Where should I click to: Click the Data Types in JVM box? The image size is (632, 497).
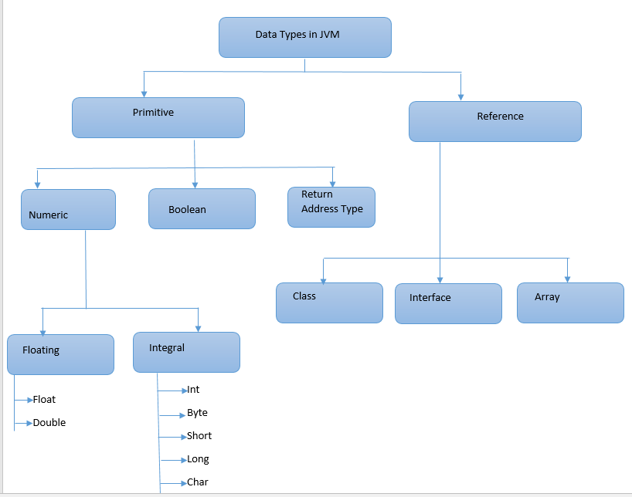[305, 37]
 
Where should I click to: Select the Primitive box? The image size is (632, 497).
[158, 117]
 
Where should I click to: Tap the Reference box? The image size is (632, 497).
[494, 121]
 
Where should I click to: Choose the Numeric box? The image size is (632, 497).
[69, 209]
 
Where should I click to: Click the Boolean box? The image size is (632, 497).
[202, 208]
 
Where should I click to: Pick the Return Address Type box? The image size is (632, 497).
[331, 207]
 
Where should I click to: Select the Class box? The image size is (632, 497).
[329, 303]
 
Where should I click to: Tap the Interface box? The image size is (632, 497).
[448, 303]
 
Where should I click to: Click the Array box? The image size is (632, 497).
[570, 303]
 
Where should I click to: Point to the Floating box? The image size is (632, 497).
[61, 354]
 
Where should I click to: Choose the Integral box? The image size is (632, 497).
[186, 352]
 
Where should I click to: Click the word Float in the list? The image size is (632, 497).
[44, 400]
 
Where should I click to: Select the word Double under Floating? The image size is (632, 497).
[49, 423]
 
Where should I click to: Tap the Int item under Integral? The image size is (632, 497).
[193, 390]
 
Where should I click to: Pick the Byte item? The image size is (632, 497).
[197, 413]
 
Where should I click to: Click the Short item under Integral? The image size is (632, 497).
[199, 436]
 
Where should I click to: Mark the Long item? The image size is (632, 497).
[198, 459]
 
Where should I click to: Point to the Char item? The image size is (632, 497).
[198, 482]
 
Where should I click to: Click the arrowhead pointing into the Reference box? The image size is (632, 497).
[461, 96]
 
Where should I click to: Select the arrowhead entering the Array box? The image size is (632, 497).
[568, 279]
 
